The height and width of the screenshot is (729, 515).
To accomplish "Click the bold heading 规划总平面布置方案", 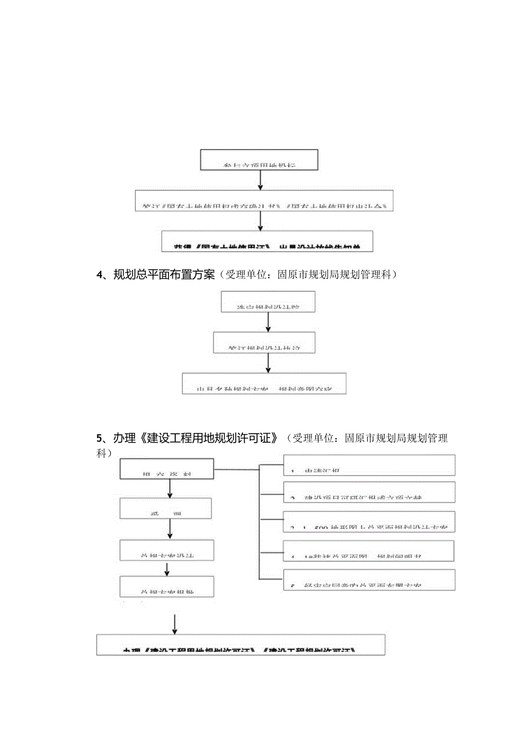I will (164, 275).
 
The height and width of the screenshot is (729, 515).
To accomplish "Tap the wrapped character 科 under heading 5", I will (101, 453).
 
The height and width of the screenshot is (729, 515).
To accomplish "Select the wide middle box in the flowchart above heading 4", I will (261, 201).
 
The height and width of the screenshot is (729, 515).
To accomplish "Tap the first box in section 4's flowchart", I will (268, 301).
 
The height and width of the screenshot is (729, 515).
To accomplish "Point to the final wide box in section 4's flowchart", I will (264, 383).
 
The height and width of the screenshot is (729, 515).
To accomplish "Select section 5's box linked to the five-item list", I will (167, 469).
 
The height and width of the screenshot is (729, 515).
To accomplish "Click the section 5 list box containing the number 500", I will (369, 522).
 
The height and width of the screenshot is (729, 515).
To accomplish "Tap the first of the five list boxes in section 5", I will (369, 465).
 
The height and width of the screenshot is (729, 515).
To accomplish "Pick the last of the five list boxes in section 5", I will (369, 579).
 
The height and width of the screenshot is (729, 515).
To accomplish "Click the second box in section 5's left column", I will (166, 509).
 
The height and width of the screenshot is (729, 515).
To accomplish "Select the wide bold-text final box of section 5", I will (241, 644).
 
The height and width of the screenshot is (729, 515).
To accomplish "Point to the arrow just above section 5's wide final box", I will (175, 623).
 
